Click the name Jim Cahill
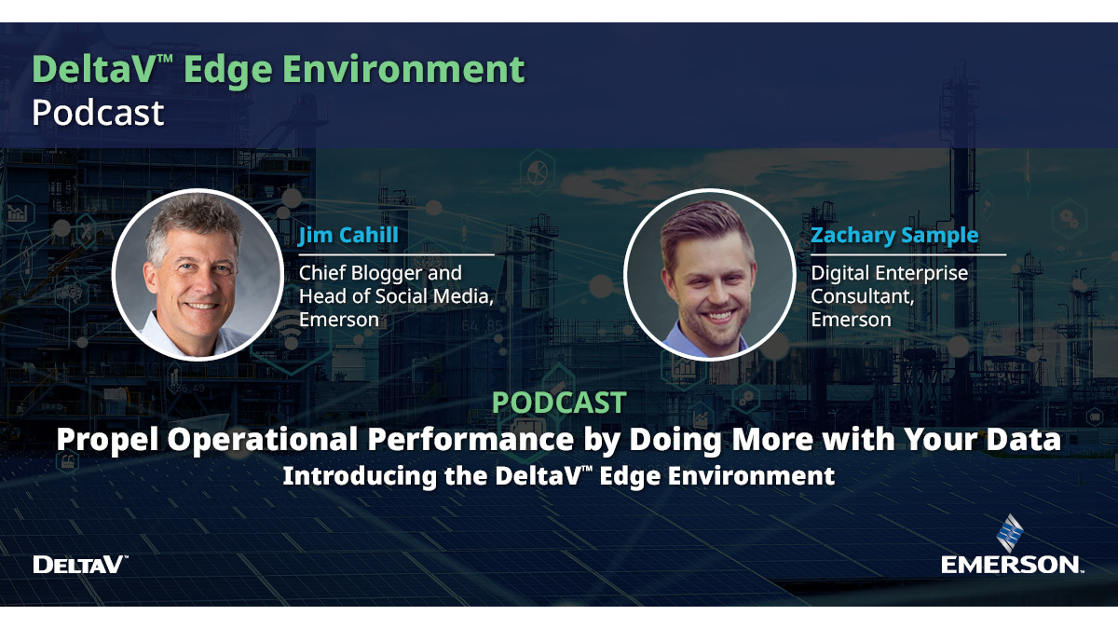coord(348,235)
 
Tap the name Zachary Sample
coord(894,235)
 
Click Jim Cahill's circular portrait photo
coord(198,273)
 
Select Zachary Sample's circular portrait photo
coord(709,273)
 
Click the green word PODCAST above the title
coord(558,403)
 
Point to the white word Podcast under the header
coord(98,113)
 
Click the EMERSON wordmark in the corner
coord(1011,565)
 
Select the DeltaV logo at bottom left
coord(78,564)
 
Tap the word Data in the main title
coord(1026,439)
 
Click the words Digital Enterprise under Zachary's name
coord(889,273)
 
